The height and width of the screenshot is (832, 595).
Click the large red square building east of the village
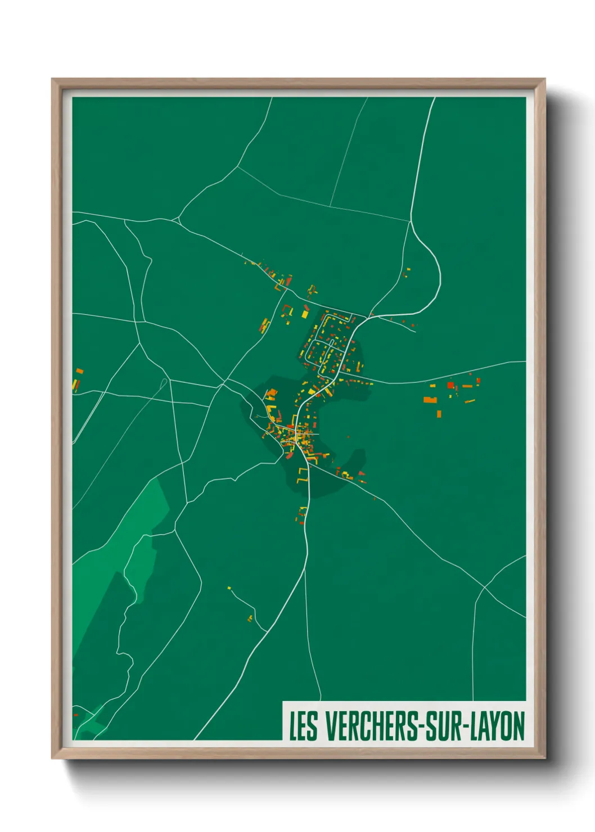pos(450,385)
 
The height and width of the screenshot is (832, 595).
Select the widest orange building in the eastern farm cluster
pos(430,400)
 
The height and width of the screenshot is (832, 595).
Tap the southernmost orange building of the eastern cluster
pos(439,414)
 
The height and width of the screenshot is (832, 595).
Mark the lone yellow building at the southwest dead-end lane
pos(229,588)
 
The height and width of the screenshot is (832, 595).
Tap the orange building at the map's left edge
pos(79,371)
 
